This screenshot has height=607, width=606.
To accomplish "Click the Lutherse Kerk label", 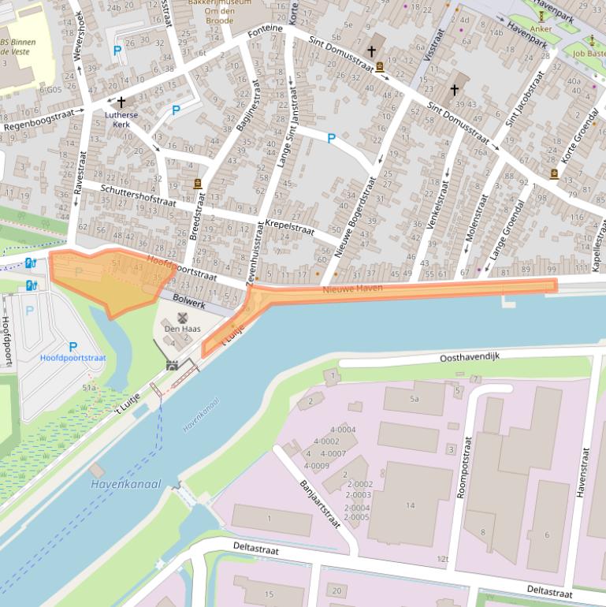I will click(121, 119).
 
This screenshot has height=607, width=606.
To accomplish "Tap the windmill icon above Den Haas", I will click(182, 317).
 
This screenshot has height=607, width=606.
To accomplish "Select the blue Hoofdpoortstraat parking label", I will click(72, 357).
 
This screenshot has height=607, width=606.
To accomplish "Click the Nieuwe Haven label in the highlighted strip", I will click(351, 289).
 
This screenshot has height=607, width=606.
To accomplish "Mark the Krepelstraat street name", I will click(290, 228).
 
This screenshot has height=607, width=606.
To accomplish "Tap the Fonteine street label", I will click(264, 32).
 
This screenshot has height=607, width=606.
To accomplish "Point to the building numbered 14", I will click(410, 505).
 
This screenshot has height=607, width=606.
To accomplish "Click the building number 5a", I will click(414, 399).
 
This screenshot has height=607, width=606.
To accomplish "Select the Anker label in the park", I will click(541, 29).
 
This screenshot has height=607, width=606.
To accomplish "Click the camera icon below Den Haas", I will click(173, 365).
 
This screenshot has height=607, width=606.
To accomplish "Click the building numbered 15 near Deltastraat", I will click(269, 594).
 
